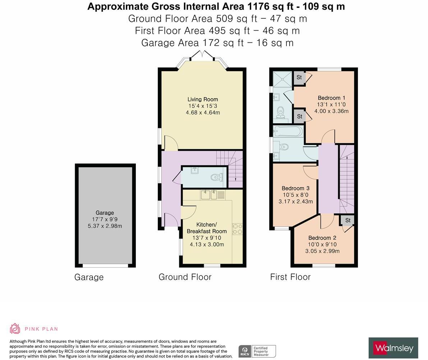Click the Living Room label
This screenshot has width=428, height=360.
click(203, 99)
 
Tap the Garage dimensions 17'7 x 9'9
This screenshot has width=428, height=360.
click(105, 219)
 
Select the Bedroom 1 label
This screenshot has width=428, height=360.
click(331, 98)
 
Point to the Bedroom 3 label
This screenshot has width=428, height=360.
click(295, 188)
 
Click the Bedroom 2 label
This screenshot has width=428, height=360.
click(322, 238)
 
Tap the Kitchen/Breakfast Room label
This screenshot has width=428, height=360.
click(207, 228)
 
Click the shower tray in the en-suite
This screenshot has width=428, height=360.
click(283, 79)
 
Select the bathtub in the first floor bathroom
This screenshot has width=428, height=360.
click(288, 132)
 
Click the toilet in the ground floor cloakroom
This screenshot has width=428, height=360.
click(217, 177)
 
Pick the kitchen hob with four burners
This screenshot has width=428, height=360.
click(238, 229)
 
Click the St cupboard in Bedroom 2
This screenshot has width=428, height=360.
click(348, 220)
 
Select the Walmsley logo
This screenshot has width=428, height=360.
click(393, 348)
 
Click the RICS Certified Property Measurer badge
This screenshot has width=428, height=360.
click(257, 351)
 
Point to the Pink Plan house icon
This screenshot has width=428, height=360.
click(15, 329)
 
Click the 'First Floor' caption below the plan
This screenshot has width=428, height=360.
click(290, 277)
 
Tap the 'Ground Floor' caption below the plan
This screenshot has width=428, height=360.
click(185, 277)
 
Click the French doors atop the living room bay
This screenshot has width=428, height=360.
click(202, 55)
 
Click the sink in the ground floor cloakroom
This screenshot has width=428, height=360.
click(194, 170)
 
